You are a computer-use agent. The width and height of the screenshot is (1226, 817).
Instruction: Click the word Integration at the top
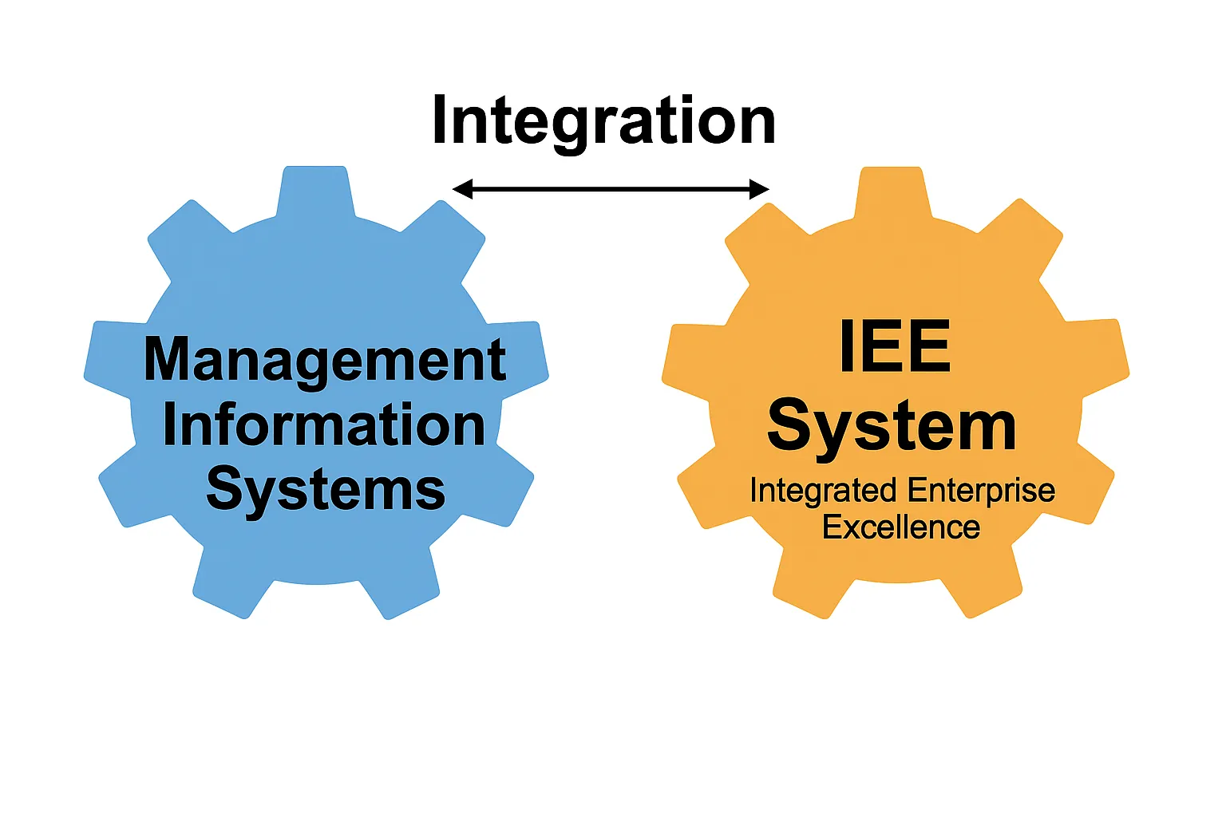click(603, 122)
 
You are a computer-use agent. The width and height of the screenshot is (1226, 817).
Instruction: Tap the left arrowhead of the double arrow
click(462, 189)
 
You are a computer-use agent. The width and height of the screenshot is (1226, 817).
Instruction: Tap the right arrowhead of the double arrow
click(759, 189)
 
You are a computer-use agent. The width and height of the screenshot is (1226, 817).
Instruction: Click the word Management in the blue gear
click(325, 360)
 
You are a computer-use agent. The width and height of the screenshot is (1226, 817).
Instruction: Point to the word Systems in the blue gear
click(326, 489)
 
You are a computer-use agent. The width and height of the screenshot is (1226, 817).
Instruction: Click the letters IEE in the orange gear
click(895, 347)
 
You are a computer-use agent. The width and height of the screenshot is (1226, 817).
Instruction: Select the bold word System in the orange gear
click(892, 427)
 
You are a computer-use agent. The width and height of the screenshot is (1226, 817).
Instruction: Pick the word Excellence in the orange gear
click(901, 527)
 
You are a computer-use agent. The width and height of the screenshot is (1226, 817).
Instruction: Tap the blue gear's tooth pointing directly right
click(523, 355)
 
